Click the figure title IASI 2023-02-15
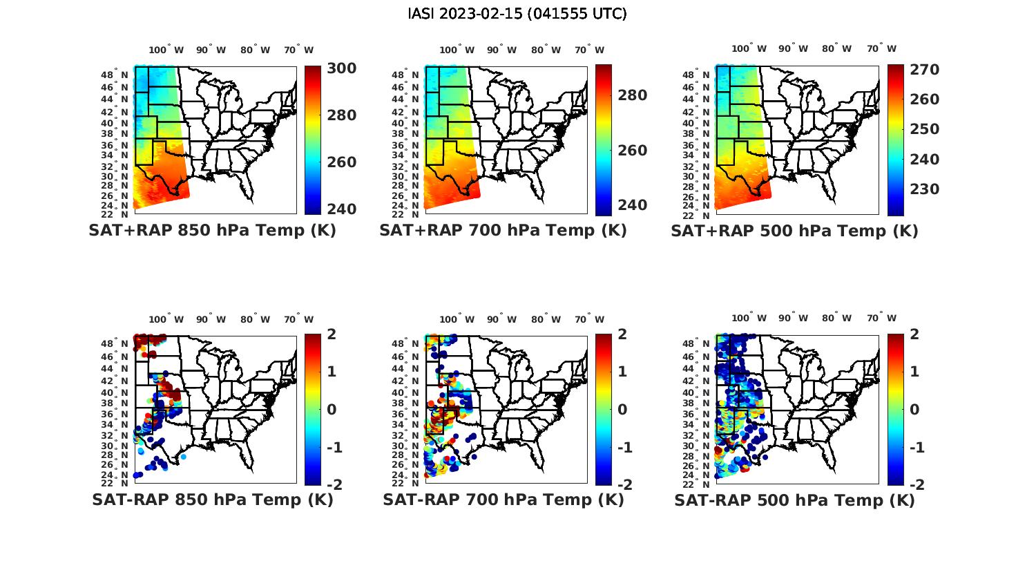517,14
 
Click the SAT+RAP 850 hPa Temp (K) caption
212,231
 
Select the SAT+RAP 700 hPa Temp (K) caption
503,231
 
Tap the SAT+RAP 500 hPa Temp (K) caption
794,231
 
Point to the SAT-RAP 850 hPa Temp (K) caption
212,500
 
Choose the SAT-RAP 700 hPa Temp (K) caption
503,500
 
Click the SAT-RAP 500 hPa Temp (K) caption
794,500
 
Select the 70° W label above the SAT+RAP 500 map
881,49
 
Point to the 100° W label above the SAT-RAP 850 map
166,319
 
